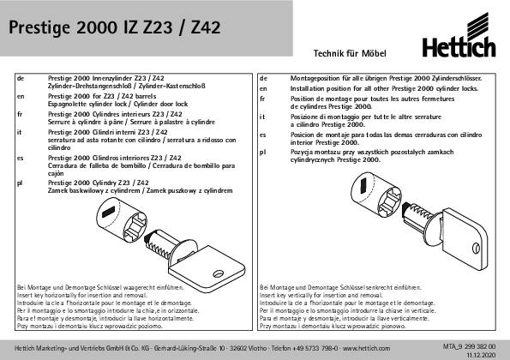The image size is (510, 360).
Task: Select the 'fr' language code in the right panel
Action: coord(263,99)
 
